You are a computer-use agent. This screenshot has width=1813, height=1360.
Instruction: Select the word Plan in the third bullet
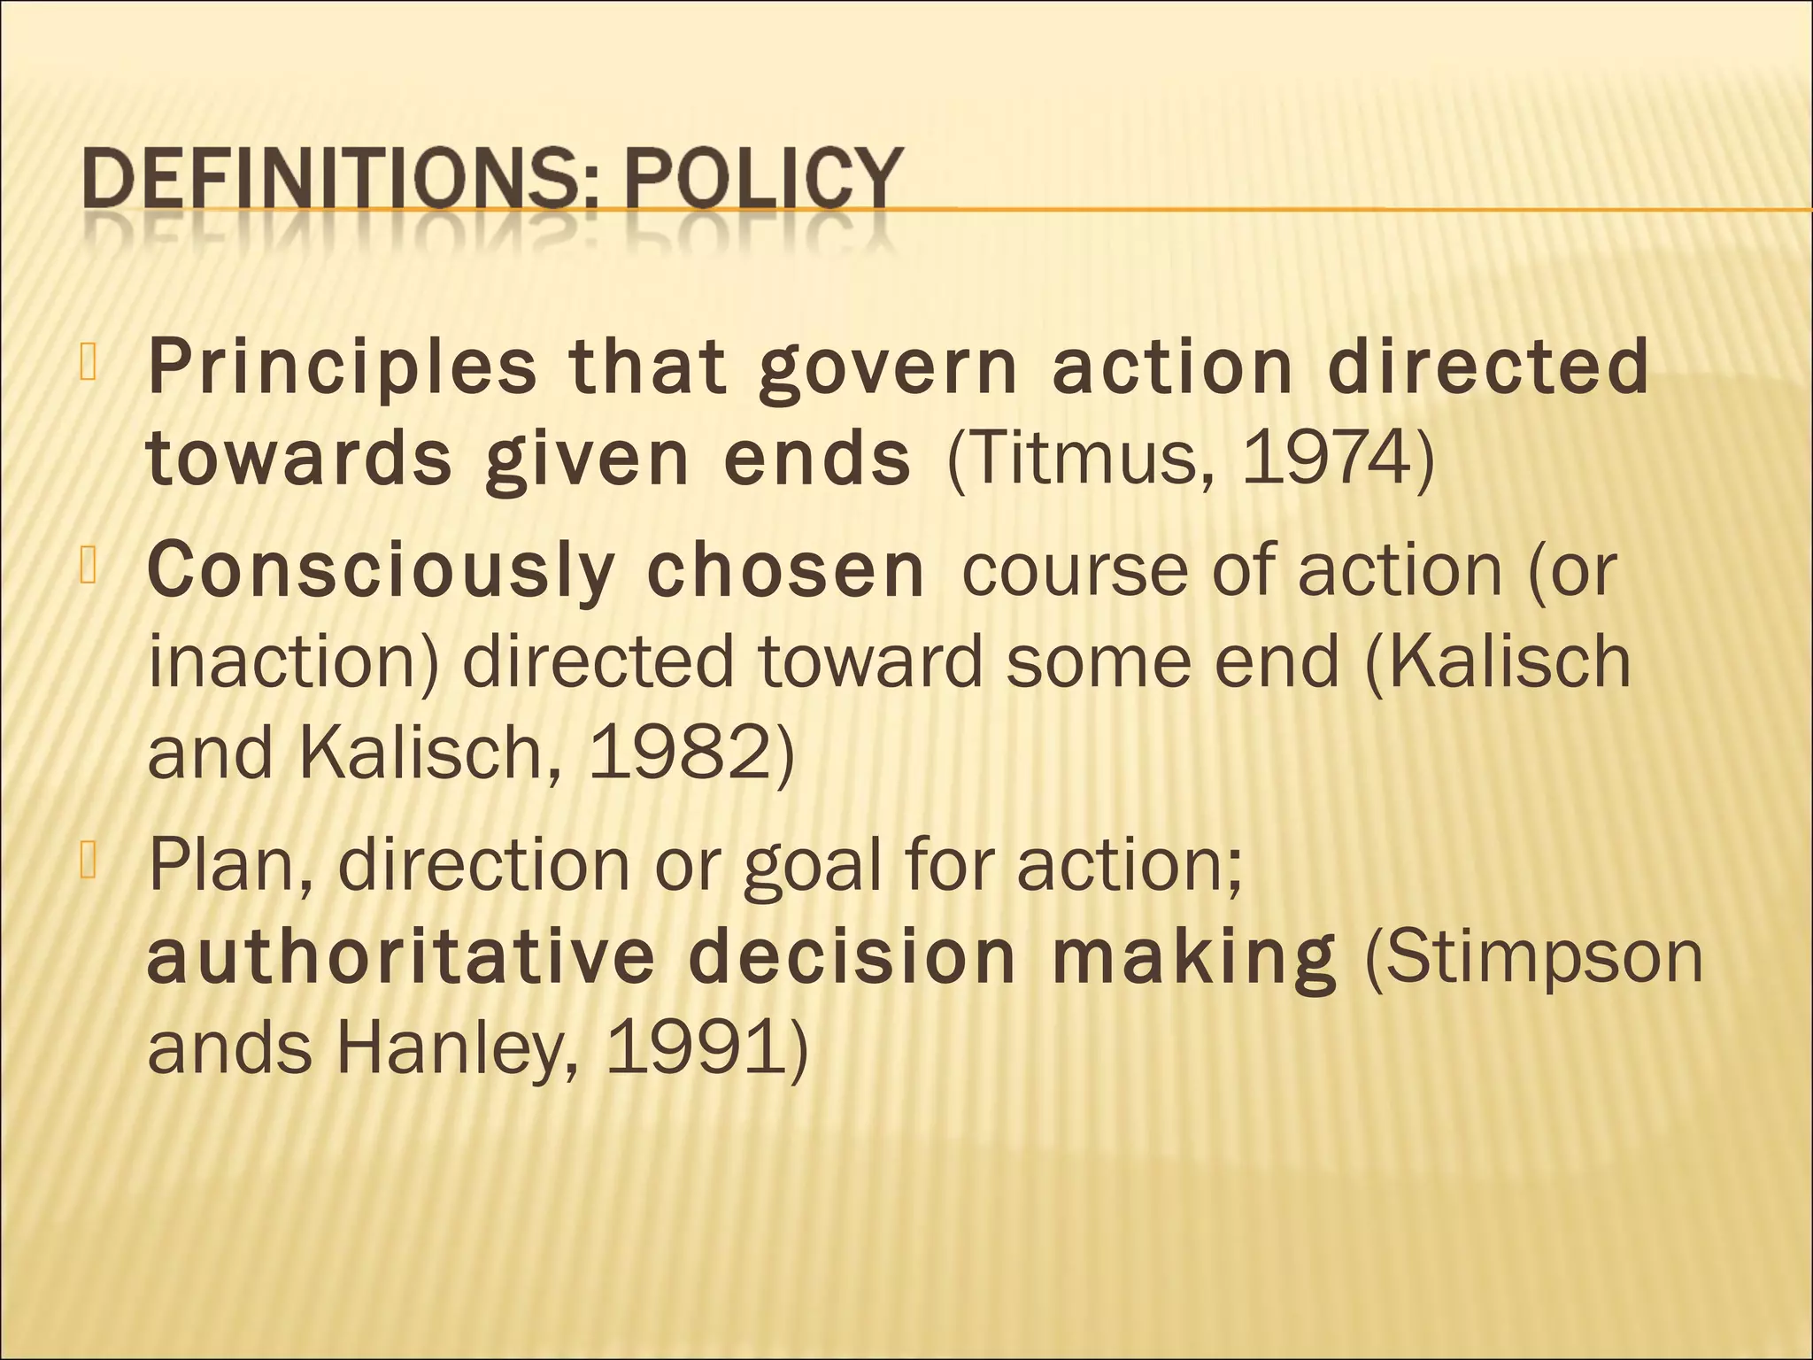tap(228, 865)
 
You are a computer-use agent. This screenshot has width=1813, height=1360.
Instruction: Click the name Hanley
tap(457, 1050)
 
